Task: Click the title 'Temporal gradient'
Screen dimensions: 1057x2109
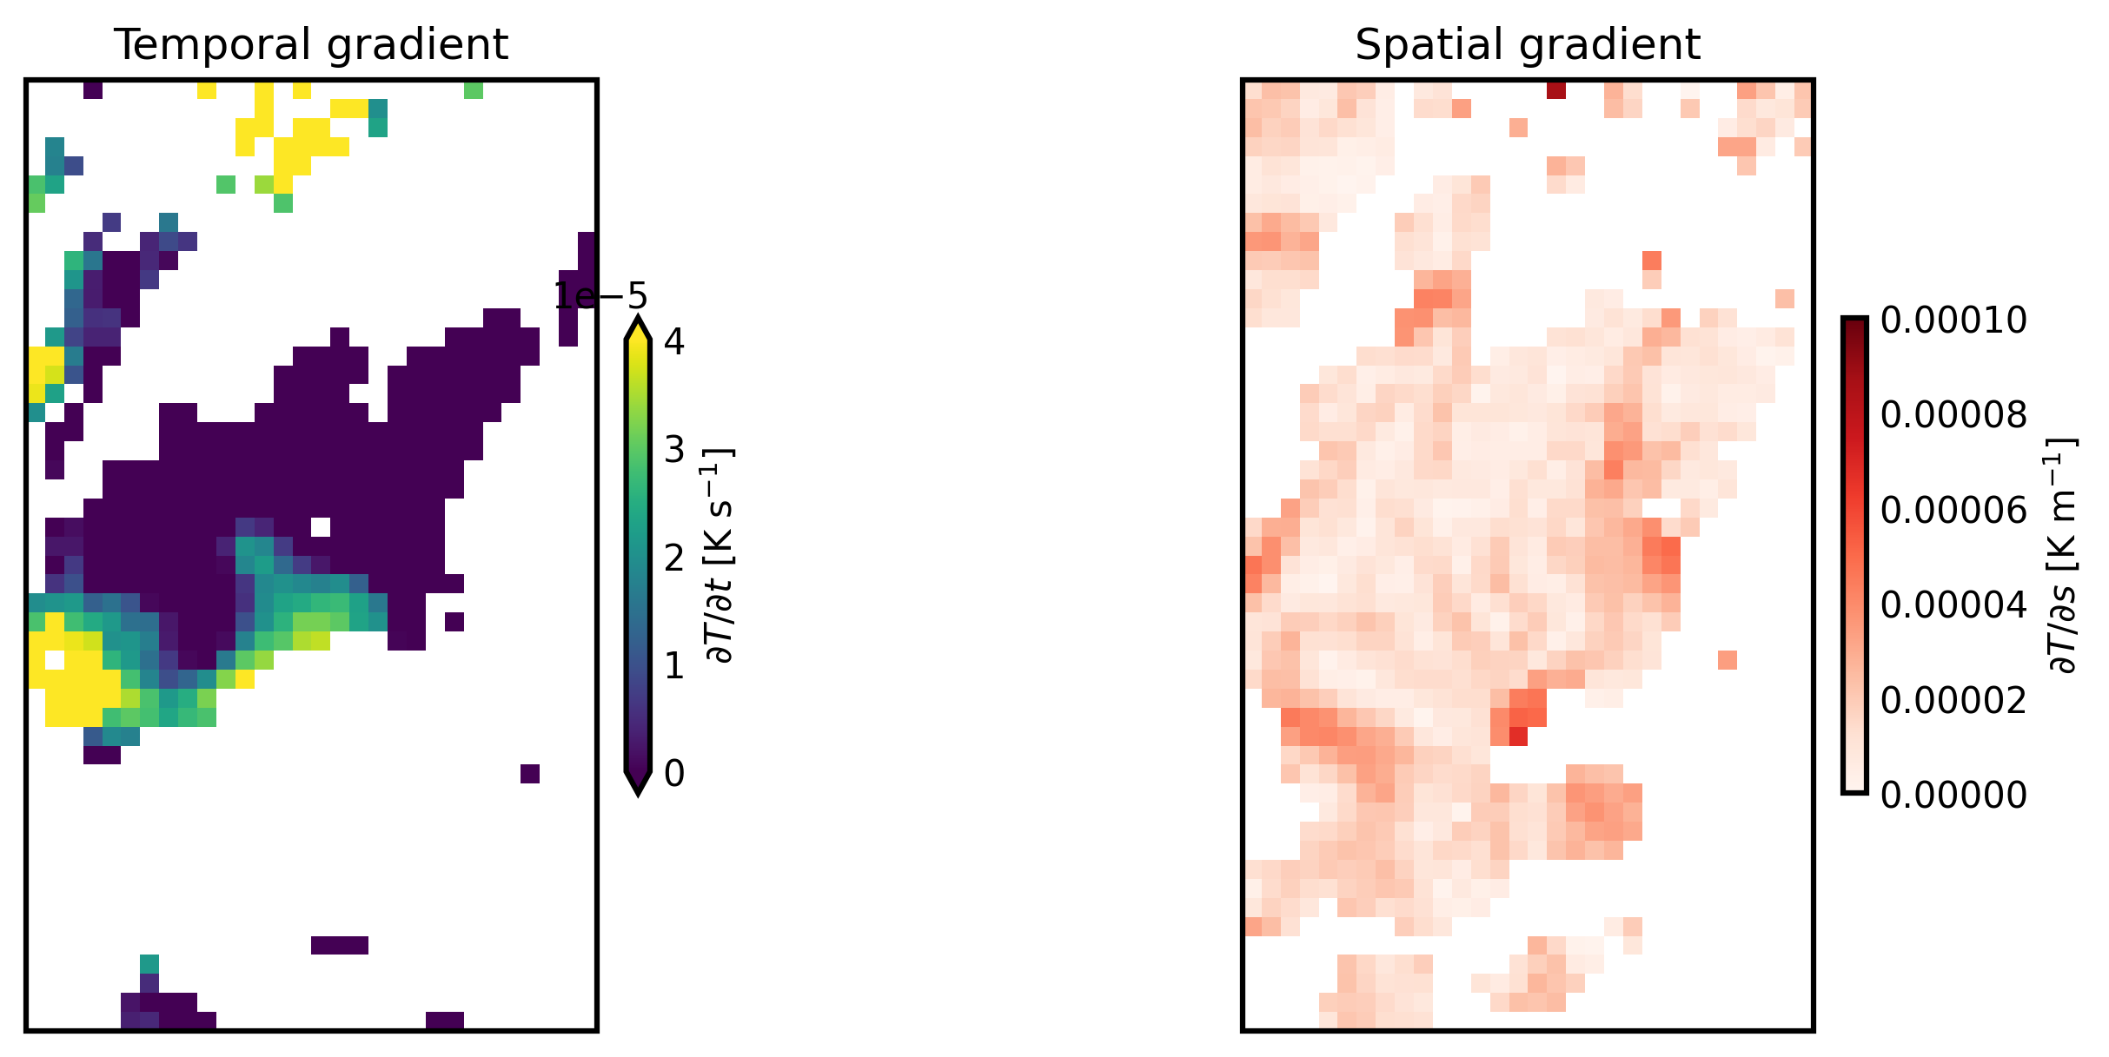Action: coord(311,45)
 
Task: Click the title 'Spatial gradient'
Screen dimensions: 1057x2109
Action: coord(1527,45)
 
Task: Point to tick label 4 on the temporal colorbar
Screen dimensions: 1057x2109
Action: coord(674,341)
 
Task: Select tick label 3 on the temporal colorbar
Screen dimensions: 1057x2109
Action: coord(674,450)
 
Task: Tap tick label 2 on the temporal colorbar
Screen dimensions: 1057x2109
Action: coord(674,558)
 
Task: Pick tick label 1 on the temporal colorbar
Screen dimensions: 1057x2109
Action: coord(674,665)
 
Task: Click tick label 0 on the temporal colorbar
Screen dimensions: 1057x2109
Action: coord(674,773)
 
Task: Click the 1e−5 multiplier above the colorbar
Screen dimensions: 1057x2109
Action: coord(600,296)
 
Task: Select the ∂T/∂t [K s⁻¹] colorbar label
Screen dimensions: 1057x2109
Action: coord(720,556)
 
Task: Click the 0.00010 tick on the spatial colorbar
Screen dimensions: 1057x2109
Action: coord(1953,320)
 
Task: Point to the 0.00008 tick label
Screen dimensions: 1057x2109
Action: coord(1953,415)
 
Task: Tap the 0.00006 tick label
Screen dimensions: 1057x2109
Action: coord(1953,510)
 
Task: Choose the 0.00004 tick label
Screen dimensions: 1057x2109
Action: coord(1953,604)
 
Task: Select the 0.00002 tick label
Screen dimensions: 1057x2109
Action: coord(1953,699)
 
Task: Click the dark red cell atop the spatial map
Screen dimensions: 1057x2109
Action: coord(1556,90)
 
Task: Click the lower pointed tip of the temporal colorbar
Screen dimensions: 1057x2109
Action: coord(638,789)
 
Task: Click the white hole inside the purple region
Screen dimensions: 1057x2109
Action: coord(321,527)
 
